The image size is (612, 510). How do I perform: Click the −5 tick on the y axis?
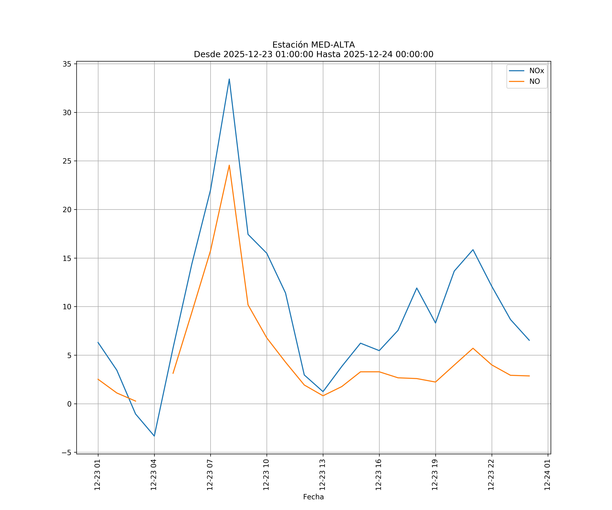coord(66,453)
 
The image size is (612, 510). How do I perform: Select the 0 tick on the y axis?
coord(69,404)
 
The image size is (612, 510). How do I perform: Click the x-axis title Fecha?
coord(313,497)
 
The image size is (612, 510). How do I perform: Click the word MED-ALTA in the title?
coord(333,45)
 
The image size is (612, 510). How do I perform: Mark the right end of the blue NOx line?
coord(529,340)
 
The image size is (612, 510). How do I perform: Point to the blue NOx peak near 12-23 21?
coord(473,250)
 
